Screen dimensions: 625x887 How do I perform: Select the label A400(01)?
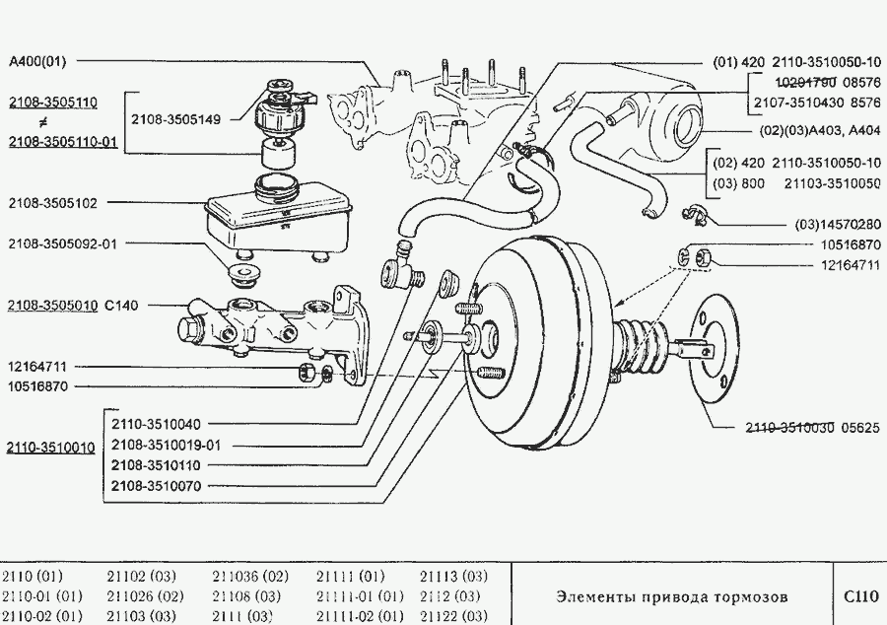click(x=37, y=61)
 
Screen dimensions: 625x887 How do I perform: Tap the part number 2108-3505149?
click(x=182, y=119)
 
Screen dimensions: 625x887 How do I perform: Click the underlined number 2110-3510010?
click(x=50, y=448)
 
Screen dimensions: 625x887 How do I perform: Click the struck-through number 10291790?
click(x=785, y=82)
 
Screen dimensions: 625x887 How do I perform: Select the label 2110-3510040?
click(x=155, y=424)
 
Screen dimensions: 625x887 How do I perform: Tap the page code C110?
click(x=859, y=596)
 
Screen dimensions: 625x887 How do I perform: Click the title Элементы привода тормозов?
click(x=672, y=596)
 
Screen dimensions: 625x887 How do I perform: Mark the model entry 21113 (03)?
click(x=453, y=576)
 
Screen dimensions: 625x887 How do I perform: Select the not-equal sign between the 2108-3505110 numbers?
click(x=42, y=121)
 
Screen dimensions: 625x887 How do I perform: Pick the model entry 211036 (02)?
click(x=250, y=576)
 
